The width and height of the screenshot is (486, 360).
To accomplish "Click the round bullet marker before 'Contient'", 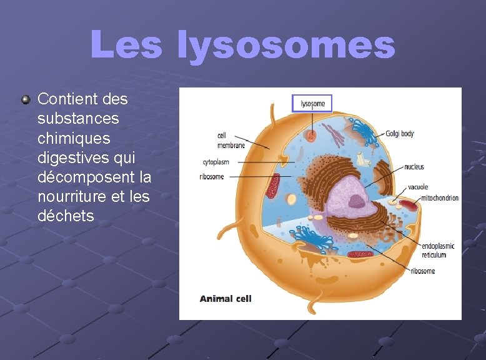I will [x=26, y=99].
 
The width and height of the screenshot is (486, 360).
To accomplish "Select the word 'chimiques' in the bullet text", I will [x=74, y=137].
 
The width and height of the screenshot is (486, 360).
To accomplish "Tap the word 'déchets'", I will [x=66, y=216].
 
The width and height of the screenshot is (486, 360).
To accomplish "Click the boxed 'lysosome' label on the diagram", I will [x=312, y=104].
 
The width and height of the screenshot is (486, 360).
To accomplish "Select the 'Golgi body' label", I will [x=399, y=134].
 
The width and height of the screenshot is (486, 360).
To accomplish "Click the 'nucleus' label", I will [x=414, y=167].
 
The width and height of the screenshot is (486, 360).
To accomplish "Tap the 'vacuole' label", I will [x=418, y=187].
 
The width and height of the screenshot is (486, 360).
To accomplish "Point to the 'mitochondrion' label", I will [x=440, y=198].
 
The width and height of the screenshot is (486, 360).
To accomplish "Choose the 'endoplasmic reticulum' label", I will [x=438, y=250].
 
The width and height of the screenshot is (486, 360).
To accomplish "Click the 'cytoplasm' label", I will [x=216, y=162].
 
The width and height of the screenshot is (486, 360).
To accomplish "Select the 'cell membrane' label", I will [x=231, y=141].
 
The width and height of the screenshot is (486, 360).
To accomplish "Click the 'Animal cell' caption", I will [x=226, y=299].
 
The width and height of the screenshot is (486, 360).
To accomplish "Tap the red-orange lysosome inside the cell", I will [x=311, y=134].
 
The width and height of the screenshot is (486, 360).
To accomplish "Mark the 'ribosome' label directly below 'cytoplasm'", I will [x=212, y=177].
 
